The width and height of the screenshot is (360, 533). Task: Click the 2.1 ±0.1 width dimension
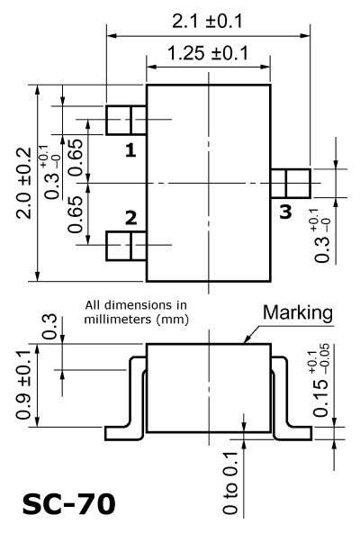[x=207, y=22]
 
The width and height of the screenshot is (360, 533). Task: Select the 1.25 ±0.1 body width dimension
[x=208, y=53]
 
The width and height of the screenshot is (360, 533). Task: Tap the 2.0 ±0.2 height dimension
[x=24, y=183]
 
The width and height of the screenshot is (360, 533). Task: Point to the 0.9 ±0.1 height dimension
[x=23, y=384]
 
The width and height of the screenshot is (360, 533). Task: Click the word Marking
[x=298, y=312]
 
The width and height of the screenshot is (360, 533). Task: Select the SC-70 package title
[x=69, y=504]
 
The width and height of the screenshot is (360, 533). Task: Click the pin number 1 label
[x=130, y=149]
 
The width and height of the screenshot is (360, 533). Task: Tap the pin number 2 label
[x=130, y=218]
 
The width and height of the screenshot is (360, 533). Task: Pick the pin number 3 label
[x=285, y=212]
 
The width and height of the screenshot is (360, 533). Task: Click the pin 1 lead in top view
[x=126, y=121]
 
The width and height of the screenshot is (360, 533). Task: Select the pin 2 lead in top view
[x=126, y=246]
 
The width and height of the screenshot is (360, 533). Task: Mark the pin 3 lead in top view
[x=291, y=184]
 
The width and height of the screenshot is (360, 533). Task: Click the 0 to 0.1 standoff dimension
[x=230, y=483]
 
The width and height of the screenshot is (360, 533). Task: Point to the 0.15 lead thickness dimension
[x=321, y=380]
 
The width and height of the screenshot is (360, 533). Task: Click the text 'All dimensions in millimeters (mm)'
[x=136, y=312]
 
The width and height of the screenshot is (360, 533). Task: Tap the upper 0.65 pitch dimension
[x=76, y=158]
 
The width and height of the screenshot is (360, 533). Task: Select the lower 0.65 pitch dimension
[x=76, y=214]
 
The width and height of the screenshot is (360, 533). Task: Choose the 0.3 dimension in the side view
[x=49, y=327]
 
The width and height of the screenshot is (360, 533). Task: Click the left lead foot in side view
[x=123, y=433]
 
